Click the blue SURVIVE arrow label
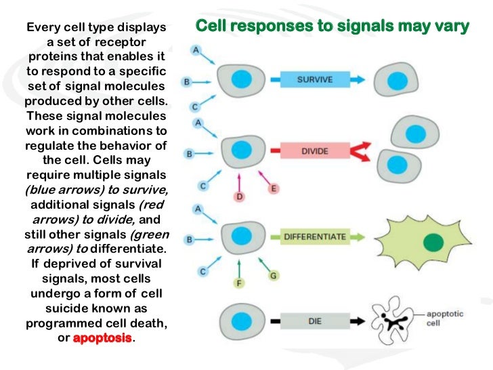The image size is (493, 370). pos(316,79)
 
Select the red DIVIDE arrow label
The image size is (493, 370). pos(314,151)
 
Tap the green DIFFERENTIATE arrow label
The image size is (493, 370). pos(315,237)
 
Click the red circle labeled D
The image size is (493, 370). pos(239,197)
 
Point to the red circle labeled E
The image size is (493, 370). pos(274,189)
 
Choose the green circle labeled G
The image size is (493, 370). pos(274,276)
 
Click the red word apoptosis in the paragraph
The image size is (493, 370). pos(103,337)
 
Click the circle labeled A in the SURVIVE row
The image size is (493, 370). pos(196,50)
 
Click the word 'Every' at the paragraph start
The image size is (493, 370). pos(43,28)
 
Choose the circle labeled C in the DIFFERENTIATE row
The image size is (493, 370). pos(202,271)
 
